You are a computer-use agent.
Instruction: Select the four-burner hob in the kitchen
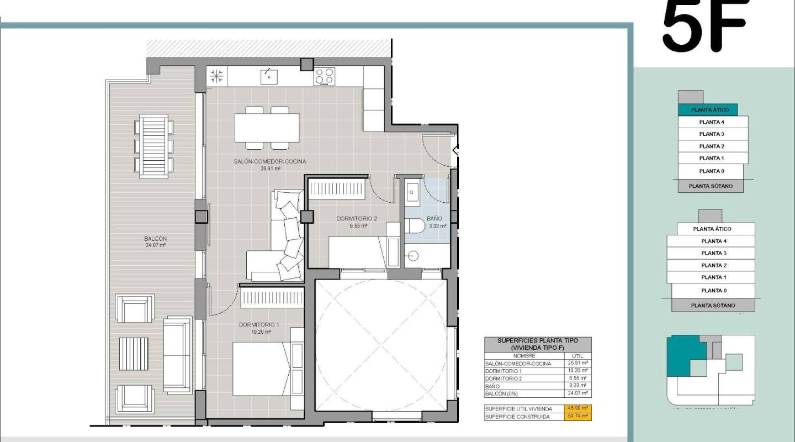pyautogui.click(x=325, y=77)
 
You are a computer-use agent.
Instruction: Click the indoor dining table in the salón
pyautogui.click(x=267, y=128)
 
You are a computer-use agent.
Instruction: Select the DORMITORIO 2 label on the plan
pyautogui.click(x=357, y=219)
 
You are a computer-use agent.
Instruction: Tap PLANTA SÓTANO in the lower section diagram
pyautogui.click(x=713, y=305)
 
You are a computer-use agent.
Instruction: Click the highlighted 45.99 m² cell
pyautogui.click(x=577, y=408)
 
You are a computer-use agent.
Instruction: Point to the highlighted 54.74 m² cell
pyautogui.click(x=577, y=417)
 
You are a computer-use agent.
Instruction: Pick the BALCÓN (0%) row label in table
pyautogui.click(x=502, y=393)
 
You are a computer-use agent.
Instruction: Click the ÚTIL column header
pyautogui.click(x=577, y=356)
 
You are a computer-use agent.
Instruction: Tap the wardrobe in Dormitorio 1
pyautogui.click(x=273, y=298)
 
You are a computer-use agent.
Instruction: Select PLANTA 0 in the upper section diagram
pyautogui.click(x=711, y=171)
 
